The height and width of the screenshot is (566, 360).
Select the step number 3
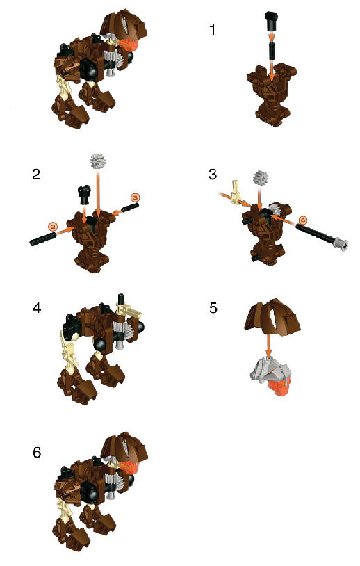pyautogui.click(x=213, y=175)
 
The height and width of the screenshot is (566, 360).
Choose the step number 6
pyautogui.click(x=37, y=452)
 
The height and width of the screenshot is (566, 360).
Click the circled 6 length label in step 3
pyautogui.click(x=302, y=220)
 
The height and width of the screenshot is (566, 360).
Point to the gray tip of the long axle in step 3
pyautogui.click(x=340, y=243)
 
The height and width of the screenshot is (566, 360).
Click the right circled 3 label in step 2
pyautogui.click(x=136, y=198)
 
